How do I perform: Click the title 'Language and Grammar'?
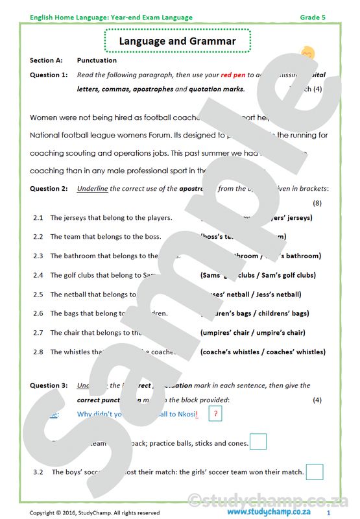[177, 42]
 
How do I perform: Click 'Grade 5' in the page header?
[313, 18]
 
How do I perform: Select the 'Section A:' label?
[46, 60]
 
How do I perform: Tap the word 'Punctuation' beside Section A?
[97, 60]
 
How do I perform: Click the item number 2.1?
[38, 218]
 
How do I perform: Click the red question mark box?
[215, 414]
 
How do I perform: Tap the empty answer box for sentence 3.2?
[315, 472]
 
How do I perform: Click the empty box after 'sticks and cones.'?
[258, 442]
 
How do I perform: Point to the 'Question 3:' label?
[49, 385]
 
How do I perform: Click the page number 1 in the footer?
[329, 513]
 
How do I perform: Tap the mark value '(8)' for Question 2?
[317, 203]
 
